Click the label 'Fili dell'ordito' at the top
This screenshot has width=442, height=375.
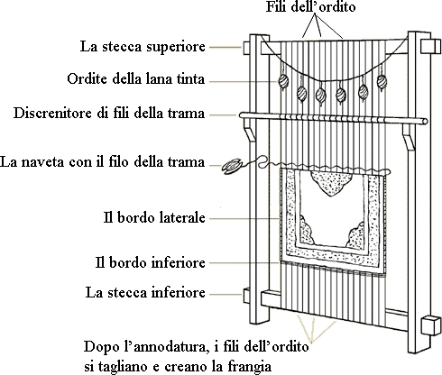coord(310,6)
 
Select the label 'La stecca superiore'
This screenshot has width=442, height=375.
coord(143,47)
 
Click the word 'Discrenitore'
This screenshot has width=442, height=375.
coord(52,114)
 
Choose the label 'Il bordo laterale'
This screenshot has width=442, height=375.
coord(154,217)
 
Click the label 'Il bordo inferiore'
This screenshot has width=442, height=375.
coord(151,262)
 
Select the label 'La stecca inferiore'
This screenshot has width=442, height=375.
coord(145,293)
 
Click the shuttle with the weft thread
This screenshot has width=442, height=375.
coord(231,167)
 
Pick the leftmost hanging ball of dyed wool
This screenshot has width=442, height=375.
coord(283,80)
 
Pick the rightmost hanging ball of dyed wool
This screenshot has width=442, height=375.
coord(382,81)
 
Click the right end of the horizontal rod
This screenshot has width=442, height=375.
coord(425,122)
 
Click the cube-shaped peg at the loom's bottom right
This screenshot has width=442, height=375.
coord(428,325)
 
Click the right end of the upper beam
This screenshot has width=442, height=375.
coord(429,47)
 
